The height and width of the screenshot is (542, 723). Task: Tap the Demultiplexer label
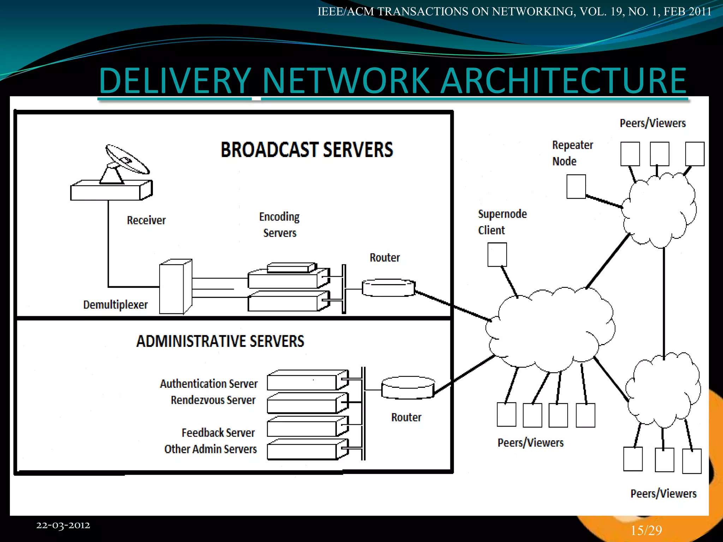pos(115,305)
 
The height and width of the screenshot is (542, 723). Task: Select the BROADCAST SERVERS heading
pos(306,150)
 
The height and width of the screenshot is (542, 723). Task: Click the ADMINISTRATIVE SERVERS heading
pos(220,341)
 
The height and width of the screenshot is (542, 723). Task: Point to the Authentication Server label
pos(209,384)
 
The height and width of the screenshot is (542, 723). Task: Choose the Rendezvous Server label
pos(213,400)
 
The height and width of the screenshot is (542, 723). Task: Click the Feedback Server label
pos(218,433)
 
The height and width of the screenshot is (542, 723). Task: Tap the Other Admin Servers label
pos(210,449)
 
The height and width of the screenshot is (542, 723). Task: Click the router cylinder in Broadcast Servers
pos(388,288)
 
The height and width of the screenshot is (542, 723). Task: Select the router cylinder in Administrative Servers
pos(408,387)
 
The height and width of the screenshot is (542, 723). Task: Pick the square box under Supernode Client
pos(497,254)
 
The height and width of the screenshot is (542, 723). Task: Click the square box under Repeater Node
pos(576,186)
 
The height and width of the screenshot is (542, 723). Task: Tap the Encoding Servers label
pos(279,225)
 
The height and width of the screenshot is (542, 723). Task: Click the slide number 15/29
pos(646,530)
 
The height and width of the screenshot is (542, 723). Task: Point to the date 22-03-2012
pos(63,525)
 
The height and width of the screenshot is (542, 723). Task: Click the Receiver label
pos(146,220)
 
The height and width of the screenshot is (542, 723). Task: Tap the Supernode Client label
pos(502,222)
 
